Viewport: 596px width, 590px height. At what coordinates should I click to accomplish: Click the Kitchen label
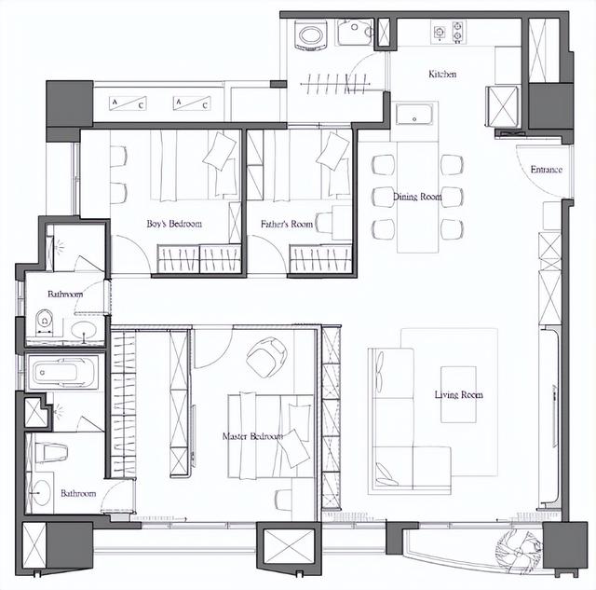click(x=442, y=74)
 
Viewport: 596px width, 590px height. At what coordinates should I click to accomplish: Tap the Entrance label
click(x=547, y=170)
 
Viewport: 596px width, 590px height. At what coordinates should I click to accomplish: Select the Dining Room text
click(x=417, y=197)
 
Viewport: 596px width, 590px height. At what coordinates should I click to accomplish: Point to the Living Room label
click(x=459, y=395)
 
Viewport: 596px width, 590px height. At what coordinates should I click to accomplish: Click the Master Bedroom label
click(x=252, y=436)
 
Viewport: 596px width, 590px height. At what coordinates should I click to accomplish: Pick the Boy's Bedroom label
click(x=174, y=224)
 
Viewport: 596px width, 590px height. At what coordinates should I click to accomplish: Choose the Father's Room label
click(x=287, y=224)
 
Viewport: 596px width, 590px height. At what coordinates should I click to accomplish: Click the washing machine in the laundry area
click(x=311, y=35)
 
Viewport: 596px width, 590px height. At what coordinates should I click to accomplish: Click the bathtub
click(x=63, y=373)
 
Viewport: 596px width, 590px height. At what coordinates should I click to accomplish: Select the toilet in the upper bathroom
click(x=45, y=322)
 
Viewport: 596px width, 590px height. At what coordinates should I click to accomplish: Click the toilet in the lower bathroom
click(x=51, y=452)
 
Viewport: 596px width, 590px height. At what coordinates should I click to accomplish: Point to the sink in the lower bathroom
click(x=40, y=492)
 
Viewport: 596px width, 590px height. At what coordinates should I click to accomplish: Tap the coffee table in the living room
click(x=458, y=394)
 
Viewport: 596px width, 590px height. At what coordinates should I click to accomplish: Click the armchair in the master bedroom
click(x=266, y=357)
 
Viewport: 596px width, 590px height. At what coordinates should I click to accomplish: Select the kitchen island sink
click(x=414, y=114)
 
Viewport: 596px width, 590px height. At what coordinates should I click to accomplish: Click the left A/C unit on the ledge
click(x=128, y=103)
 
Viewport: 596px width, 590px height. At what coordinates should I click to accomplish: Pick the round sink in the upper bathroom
click(x=84, y=330)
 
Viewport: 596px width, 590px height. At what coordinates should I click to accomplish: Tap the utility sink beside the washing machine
click(x=355, y=32)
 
